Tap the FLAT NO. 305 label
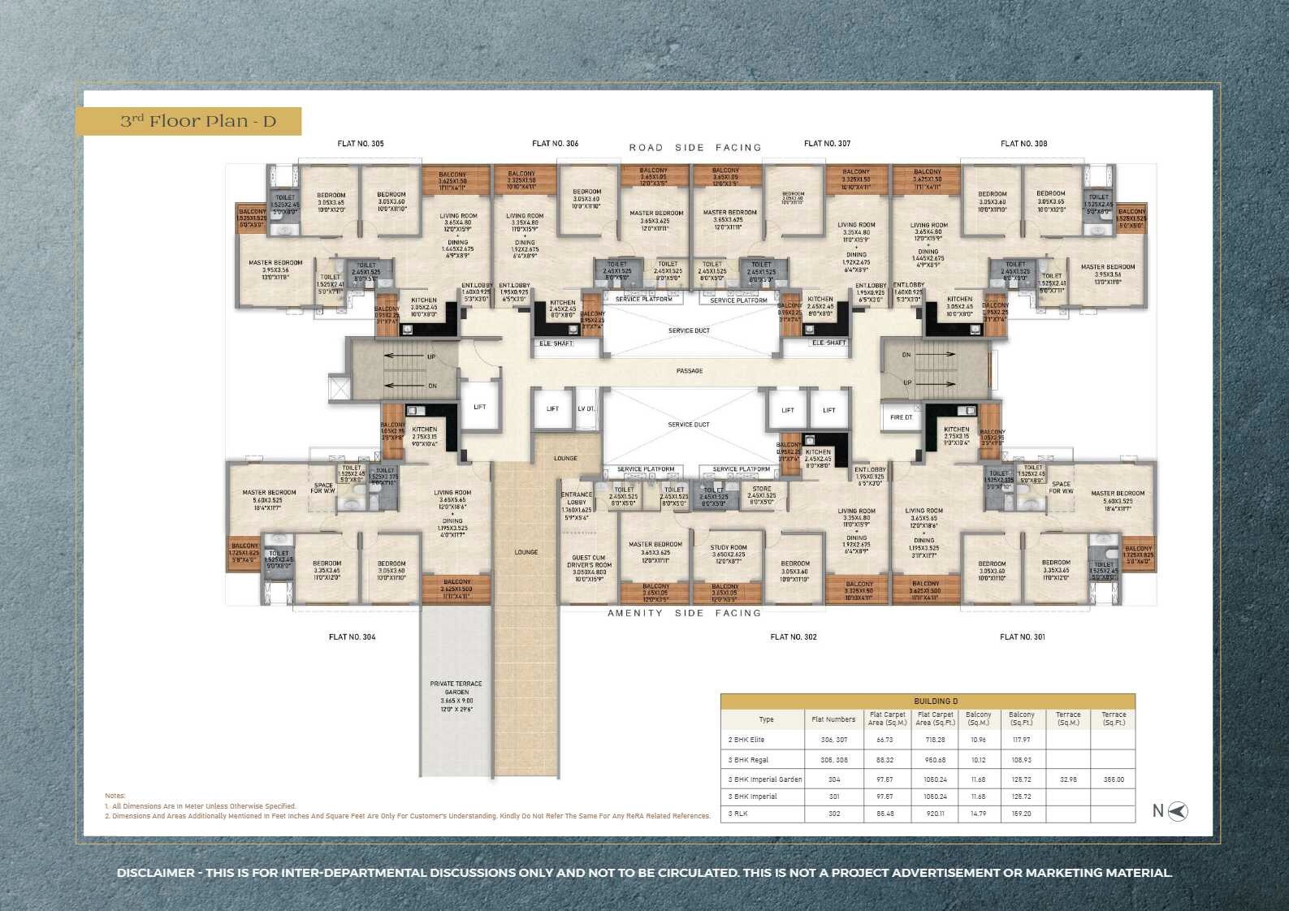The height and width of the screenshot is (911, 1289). coord(361,144)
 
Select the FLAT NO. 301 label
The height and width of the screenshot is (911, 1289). coord(1022,637)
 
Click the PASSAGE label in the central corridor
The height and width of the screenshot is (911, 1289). coord(690,371)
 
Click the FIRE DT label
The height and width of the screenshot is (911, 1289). coord(901,417)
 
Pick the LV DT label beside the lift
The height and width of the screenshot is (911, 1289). coord(586,409)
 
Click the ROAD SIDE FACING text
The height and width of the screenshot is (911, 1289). coord(695,148)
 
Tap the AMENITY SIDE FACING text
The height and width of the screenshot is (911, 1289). coord(684,613)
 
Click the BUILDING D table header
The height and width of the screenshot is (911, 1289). coord(936,701)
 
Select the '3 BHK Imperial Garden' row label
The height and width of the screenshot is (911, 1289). coord(765,779)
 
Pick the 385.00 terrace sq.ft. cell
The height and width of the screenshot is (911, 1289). coord(1114,779)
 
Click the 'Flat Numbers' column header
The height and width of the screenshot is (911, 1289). coord(833,719)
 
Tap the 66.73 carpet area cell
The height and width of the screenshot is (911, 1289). coord(885,740)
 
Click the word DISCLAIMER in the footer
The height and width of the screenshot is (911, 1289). coord(156,873)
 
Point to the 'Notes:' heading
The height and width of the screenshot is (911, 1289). coord(115,796)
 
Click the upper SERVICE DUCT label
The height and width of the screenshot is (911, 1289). coord(689,331)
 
